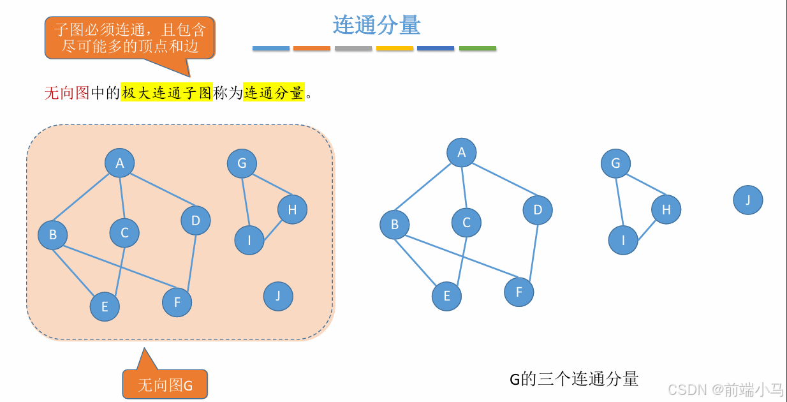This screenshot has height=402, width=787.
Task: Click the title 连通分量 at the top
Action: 376,26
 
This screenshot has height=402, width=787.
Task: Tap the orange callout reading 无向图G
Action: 165,385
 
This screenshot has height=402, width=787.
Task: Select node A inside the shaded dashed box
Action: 119,163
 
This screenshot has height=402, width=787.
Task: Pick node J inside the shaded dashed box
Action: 278,296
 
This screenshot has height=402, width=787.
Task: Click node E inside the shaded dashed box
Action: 105,307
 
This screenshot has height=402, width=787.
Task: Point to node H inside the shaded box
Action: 292,209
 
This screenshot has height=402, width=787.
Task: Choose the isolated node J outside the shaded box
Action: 747,200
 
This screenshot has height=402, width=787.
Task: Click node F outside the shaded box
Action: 519,292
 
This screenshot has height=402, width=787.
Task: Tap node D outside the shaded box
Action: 538,210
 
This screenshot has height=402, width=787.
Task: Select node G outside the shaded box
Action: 615,163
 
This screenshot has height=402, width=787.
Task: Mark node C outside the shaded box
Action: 466,223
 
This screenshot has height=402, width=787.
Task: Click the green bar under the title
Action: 477,48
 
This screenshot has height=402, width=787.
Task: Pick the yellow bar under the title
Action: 395,48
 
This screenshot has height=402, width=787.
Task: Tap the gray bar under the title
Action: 353,48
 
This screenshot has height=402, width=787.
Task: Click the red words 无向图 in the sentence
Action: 67,93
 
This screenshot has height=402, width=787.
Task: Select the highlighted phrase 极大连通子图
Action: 166,93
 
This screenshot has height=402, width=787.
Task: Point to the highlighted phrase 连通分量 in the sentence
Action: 274,93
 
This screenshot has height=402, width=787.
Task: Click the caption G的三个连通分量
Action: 573,379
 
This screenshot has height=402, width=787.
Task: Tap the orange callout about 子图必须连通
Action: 130,38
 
